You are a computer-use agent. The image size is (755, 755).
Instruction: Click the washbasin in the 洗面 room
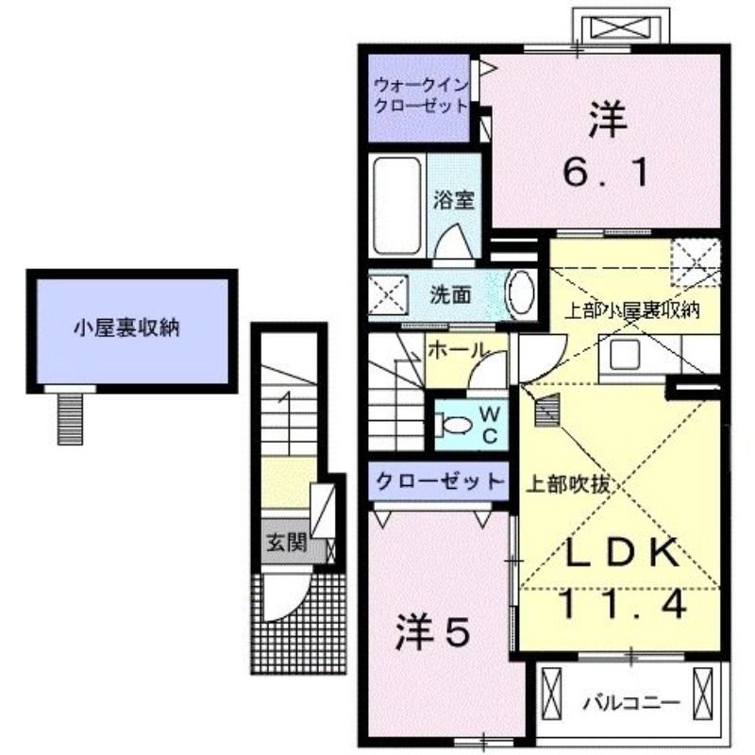(520, 294)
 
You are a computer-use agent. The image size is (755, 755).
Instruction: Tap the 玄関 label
(284, 543)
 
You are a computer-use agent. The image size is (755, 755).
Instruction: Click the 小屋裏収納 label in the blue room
(127, 329)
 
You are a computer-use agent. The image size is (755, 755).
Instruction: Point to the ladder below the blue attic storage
(69, 417)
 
